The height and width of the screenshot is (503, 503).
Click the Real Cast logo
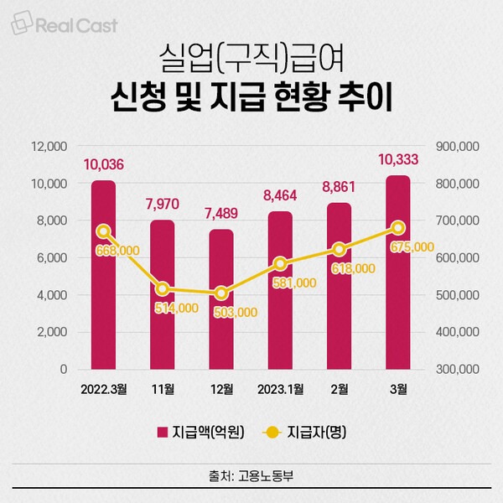(x=65, y=23)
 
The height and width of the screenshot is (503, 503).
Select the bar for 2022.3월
(x=103, y=275)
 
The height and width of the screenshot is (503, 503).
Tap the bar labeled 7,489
(x=221, y=299)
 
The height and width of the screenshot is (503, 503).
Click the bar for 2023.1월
(x=280, y=290)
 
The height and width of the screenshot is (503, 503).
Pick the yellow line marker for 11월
(x=163, y=289)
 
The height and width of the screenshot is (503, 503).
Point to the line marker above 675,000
(x=398, y=228)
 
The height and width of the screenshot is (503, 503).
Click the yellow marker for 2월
(x=340, y=249)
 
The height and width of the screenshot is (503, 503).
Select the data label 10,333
(x=398, y=159)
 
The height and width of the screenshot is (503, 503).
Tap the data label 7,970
(x=163, y=204)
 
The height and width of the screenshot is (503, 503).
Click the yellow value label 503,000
(x=236, y=312)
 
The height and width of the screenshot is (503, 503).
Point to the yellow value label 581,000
(x=294, y=283)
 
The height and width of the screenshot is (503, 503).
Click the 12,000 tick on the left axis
(x=49, y=146)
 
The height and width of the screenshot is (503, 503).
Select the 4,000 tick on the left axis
(x=52, y=295)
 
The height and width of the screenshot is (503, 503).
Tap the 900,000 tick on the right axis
(x=458, y=146)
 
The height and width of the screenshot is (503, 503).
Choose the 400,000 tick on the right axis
(x=458, y=332)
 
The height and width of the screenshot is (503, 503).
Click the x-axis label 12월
(x=221, y=389)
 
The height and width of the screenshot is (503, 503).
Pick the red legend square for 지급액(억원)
(x=163, y=432)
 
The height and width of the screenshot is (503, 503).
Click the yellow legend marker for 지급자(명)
(x=272, y=433)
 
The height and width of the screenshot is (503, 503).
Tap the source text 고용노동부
(x=266, y=475)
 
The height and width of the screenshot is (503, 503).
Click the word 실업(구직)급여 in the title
(x=251, y=58)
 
